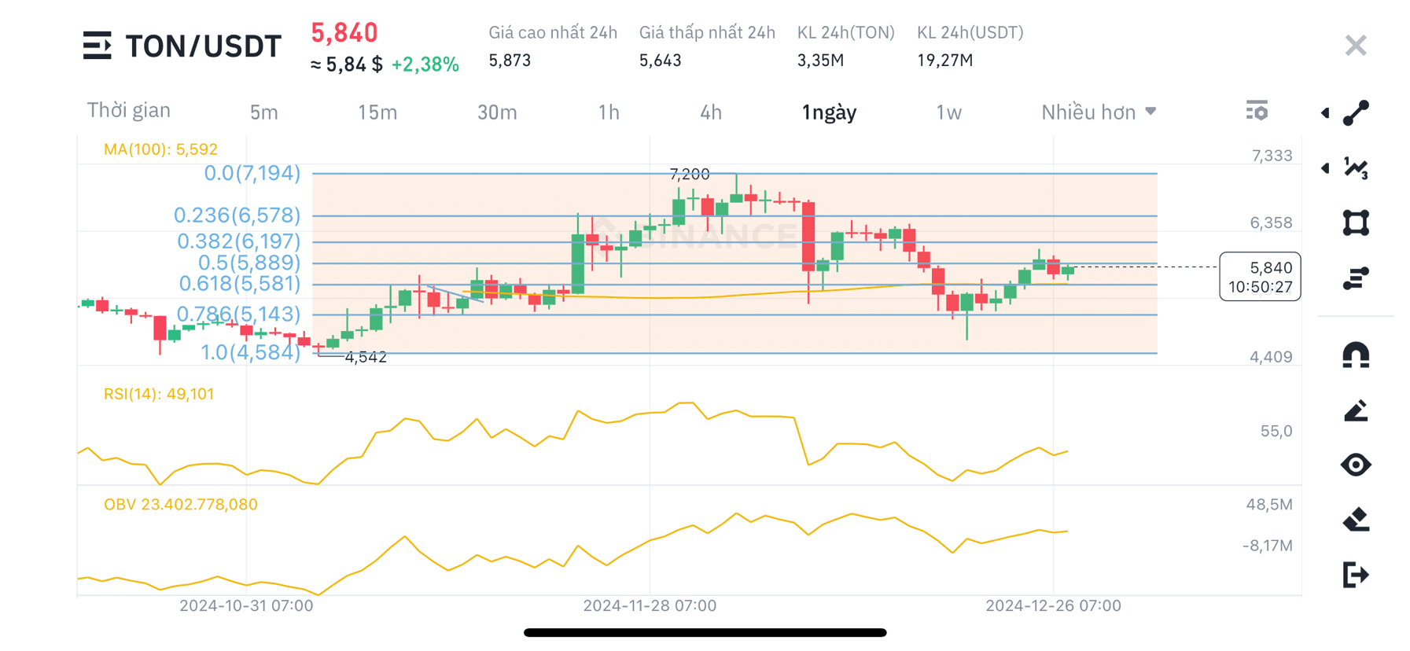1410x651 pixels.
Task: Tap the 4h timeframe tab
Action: tap(710, 112)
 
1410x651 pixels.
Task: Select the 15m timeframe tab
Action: tap(377, 112)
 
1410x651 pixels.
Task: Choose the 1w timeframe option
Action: tap(948, 112)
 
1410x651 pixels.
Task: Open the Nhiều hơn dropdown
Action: tap(1098, 112)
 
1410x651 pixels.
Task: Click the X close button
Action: tap(1355, 46)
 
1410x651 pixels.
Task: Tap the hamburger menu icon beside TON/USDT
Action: tap(97, 46)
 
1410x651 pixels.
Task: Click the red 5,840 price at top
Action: tap(344, 33)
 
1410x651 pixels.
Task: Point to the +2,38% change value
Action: tap(425, 64)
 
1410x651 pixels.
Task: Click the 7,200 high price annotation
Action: tap(689, 174)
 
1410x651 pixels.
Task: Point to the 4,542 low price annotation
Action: tap(366, 357)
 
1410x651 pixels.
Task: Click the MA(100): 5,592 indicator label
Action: tap(160, 149)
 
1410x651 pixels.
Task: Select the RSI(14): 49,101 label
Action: tap(159, 394)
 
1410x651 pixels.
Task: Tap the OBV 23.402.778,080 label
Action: tap(180, 505)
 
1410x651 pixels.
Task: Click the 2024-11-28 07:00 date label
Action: tap(650, 605)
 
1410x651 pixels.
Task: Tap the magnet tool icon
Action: tap(1355, 355)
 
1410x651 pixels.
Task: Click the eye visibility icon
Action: tap(1355, 465)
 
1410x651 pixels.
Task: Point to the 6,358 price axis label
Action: tap(1270, 223)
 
